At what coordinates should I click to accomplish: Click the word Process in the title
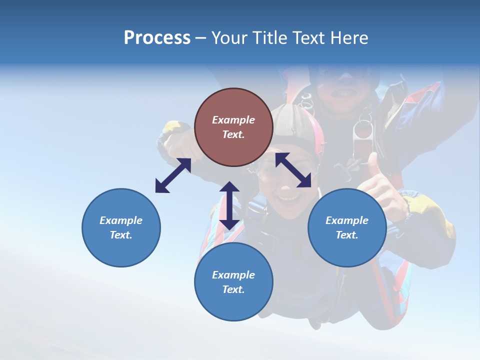(157, 38)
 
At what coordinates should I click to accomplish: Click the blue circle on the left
(121, 227)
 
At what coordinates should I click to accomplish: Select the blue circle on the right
(347, 227)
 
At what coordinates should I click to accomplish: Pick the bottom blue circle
(233, 281)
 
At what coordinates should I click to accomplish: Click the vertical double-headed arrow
(229, 205)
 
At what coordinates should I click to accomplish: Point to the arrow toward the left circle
(173, 175)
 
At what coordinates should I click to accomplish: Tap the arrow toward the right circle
(293, 170)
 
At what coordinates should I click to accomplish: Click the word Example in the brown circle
(233, 120)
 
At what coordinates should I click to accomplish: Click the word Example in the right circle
(347, 220)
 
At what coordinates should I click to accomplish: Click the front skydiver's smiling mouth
(288, 199)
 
